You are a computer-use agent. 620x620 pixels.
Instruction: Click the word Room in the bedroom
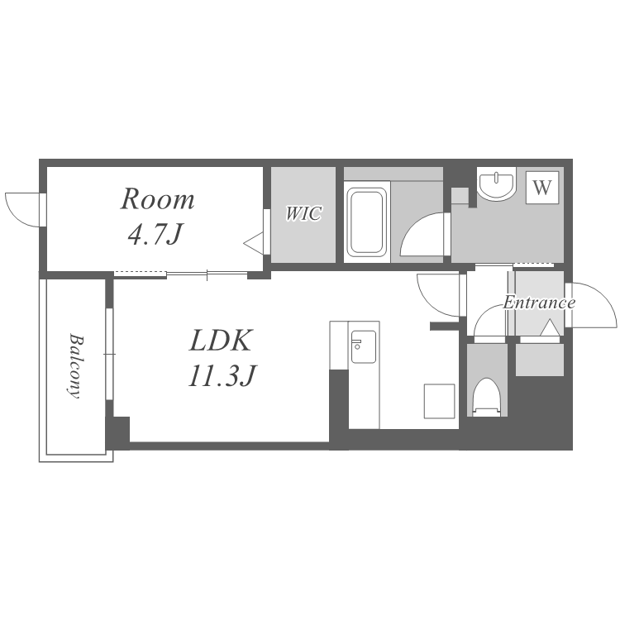pyautogui.click(x=157, y=199)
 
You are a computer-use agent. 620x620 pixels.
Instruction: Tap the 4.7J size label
pyautogui.click(x=155, y=234)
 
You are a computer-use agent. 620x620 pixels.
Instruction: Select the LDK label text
pyautogui.click(x=220, y=341)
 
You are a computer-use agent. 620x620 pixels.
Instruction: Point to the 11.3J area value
pyautogui.click(x=222, y=375)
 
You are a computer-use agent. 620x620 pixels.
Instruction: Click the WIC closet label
pyautogui.click(x=303, y=213)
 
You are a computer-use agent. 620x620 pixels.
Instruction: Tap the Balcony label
pyautogui.click(x=76, y=366)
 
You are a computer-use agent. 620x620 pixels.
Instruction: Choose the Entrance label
pyautogui.click(x=539, y=303)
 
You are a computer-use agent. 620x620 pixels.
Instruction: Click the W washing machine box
pyautogui.click(x=542, y=188)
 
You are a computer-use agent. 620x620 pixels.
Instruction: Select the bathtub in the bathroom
pyautogui.click(x=367, y=222)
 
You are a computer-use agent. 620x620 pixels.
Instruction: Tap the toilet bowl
pyautogui.click(x=487, y=397)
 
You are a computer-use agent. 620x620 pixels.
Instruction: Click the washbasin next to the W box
pyautogui.click(x=496, y=183)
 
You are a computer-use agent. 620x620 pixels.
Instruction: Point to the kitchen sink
pyautogui.click(x=364, y=346)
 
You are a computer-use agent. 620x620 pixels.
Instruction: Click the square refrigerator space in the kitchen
pyautogui.click(x=439, y=401)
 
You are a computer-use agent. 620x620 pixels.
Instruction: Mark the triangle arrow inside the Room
pyautogui.click(x=254, y=243)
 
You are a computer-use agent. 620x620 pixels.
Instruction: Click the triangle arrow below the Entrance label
pyautogui.click(x=550, y=328)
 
